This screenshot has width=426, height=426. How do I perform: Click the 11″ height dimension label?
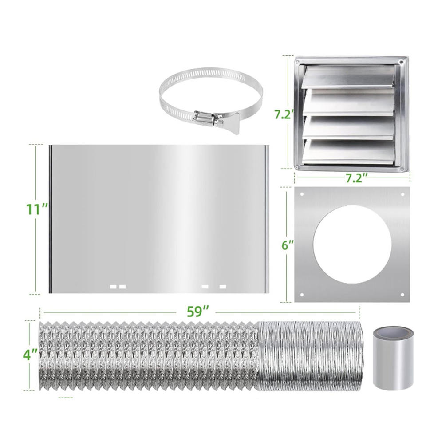tap(37, 209)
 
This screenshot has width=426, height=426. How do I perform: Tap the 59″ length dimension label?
tap(198, 312)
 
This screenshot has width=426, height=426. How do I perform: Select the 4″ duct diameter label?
tap(30, 355)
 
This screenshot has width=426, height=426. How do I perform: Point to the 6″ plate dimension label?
tap(288, 245)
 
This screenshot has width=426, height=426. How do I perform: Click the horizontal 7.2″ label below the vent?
tap(356, 178)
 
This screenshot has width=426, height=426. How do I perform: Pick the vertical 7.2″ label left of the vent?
tap(284, 114)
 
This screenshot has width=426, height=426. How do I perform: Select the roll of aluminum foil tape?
tap(393, 359)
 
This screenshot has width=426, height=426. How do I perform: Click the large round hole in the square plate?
tap(352, 244)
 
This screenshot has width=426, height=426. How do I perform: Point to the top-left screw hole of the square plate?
tap(302, 194)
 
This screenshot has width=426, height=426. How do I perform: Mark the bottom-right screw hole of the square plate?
tap(402, 295)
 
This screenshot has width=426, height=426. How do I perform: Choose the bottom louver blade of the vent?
tap(349, 152)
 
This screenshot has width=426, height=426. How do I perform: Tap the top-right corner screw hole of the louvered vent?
tap(401, 62)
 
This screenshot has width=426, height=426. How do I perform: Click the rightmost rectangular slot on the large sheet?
tap(223, 286)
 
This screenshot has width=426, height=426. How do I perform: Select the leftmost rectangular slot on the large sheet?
tap(113, 286)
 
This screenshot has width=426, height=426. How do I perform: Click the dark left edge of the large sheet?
tap(51, 219)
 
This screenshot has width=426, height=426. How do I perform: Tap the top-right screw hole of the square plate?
tap(402, 194)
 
